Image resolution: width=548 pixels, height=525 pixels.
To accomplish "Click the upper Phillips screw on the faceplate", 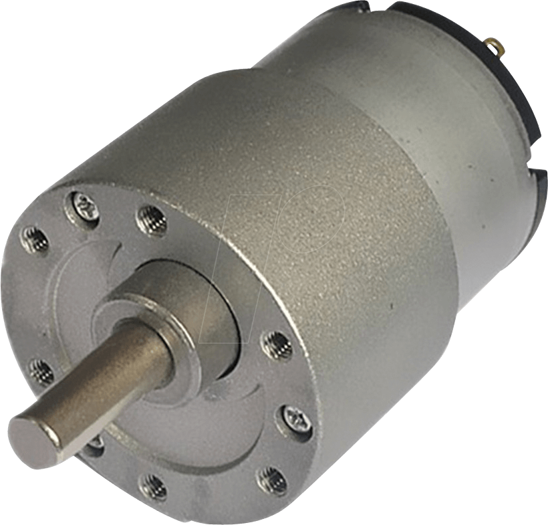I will [x=85, y=205].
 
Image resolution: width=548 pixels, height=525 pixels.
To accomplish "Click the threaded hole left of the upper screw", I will [x=35, y=239].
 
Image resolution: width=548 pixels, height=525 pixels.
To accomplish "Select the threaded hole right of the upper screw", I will [x=150, y=219].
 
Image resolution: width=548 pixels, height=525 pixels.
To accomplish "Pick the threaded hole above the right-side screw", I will [x=275, y=344].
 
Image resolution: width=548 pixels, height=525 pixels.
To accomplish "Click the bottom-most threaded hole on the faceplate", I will [x=153, y=487].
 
